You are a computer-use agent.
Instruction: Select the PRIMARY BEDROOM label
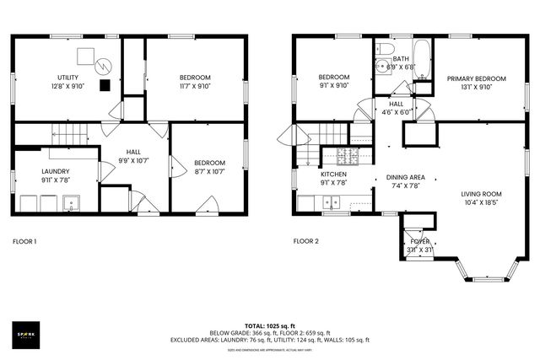pos(477,78)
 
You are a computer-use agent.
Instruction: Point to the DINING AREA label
pos(405,177)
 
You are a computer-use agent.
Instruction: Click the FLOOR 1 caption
pos(24,242)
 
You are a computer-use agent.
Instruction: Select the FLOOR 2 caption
pos(305,242)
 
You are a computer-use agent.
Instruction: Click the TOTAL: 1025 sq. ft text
pos(269,325)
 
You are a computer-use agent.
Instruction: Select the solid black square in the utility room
pos(104,84)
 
